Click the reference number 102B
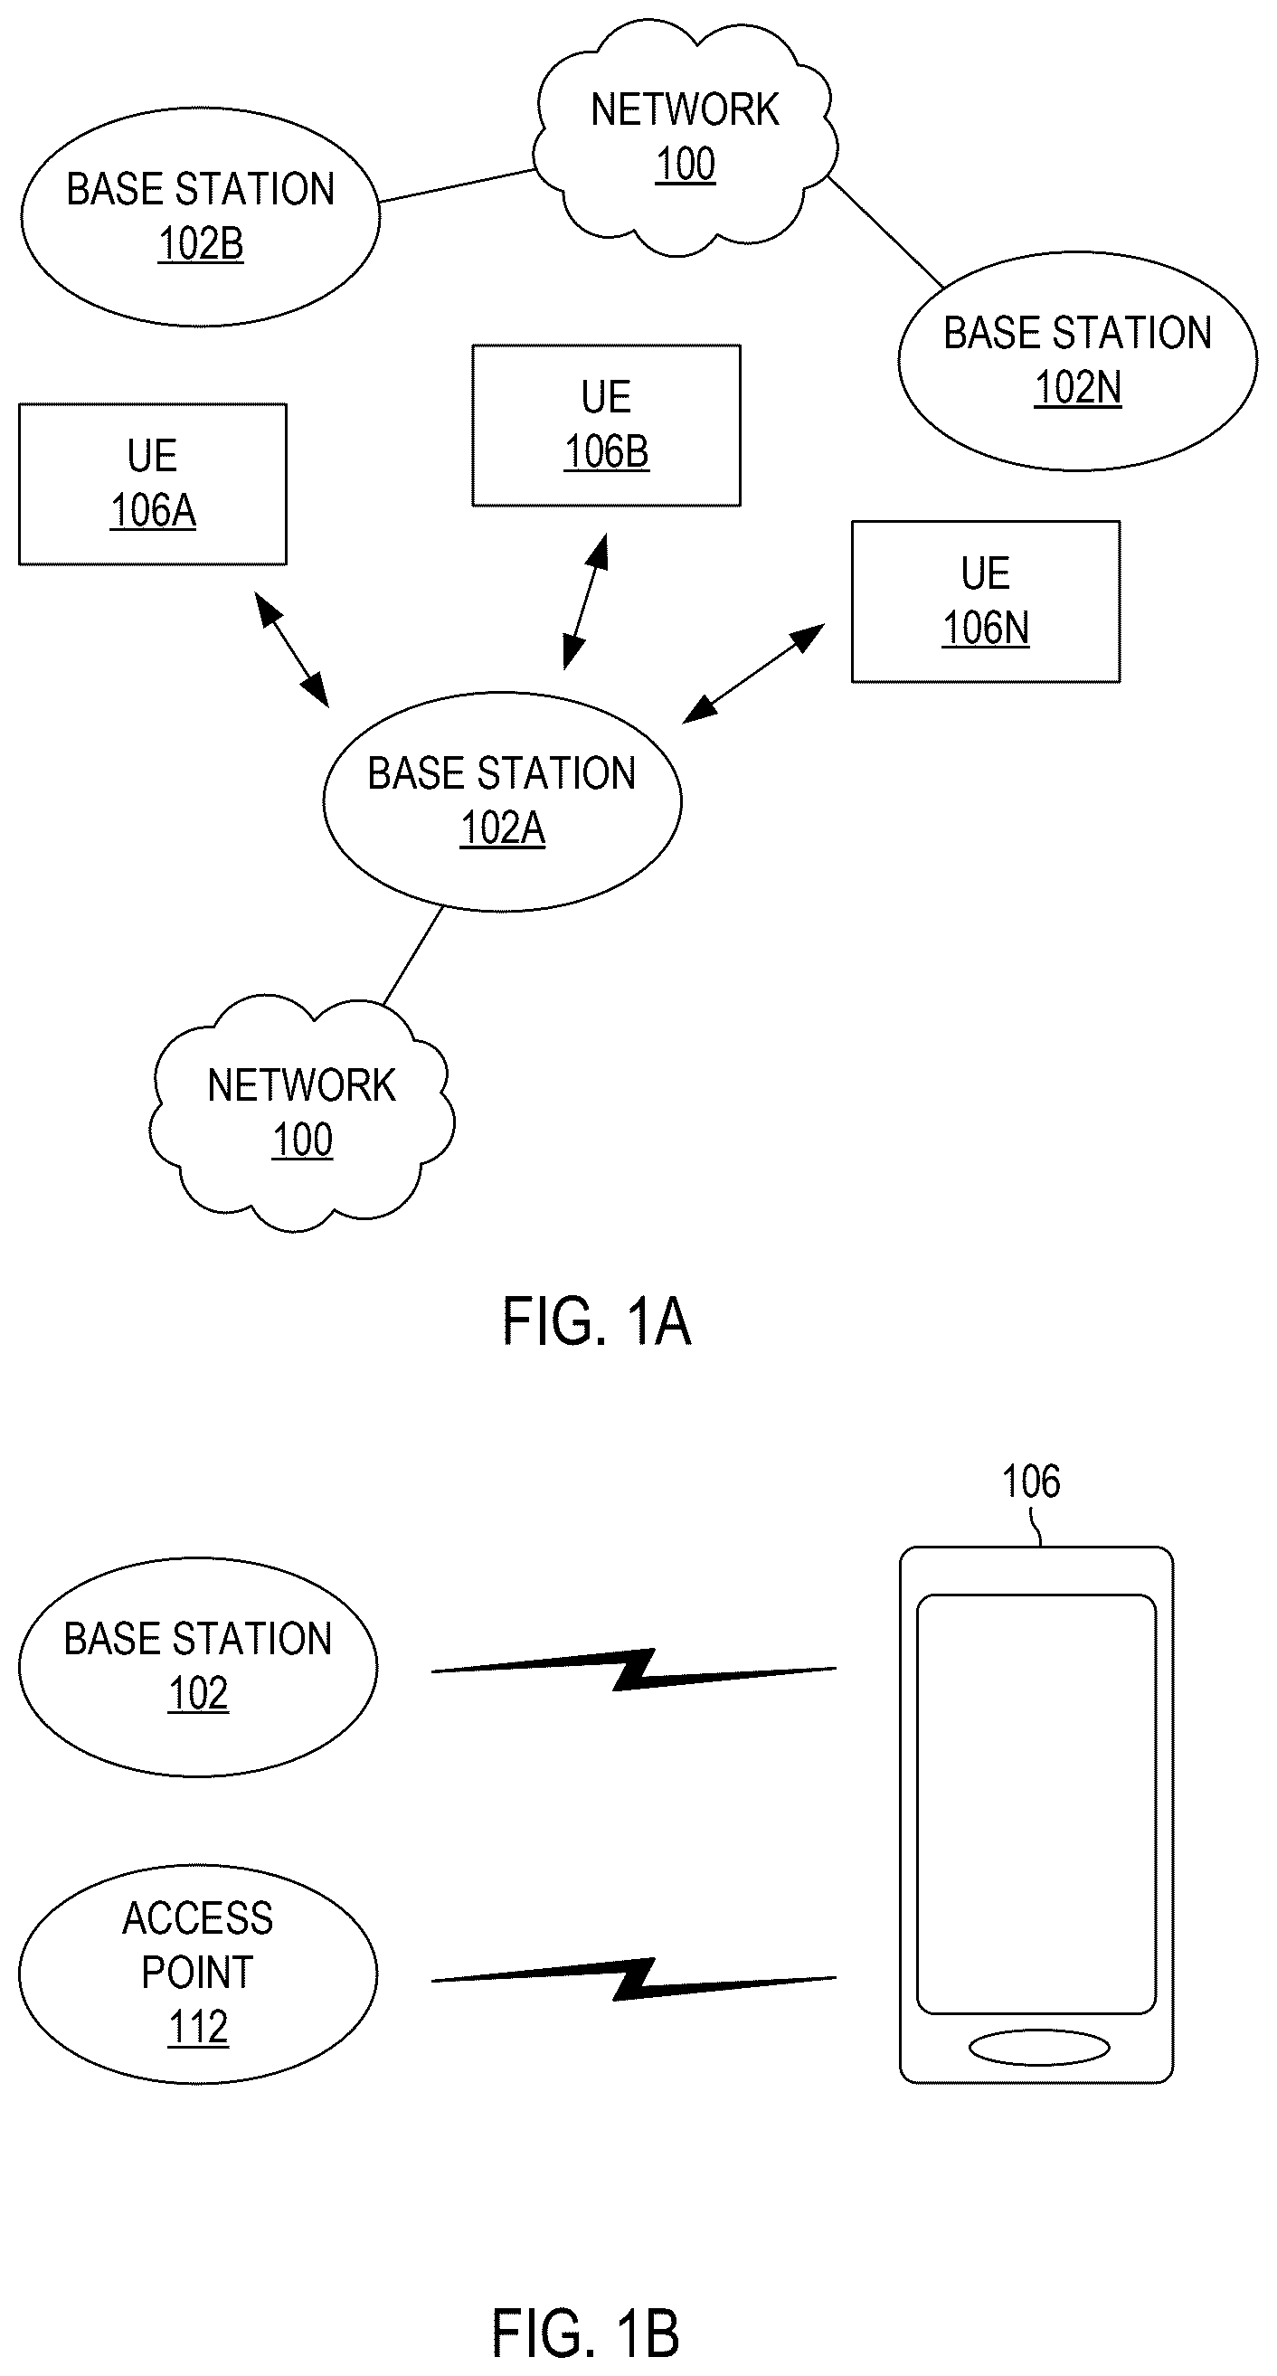201,244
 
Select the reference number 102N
1078,388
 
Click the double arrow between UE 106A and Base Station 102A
291,649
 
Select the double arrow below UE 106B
585,601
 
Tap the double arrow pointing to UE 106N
753,673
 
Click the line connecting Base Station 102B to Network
458,185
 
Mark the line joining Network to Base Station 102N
885,232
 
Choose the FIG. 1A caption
597,1321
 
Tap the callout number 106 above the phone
1031,1482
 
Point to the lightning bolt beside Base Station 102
634,1670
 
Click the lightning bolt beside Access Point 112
634,1979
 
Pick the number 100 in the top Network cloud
685,165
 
